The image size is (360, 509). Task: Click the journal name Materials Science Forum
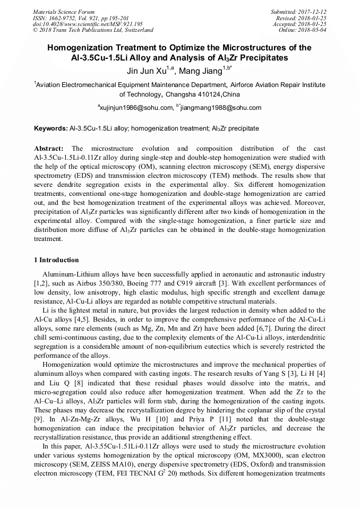[64, 12]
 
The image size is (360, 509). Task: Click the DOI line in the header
[88, 24]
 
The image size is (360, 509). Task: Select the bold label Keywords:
[51, 128]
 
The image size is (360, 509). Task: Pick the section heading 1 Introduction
[56, 260]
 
